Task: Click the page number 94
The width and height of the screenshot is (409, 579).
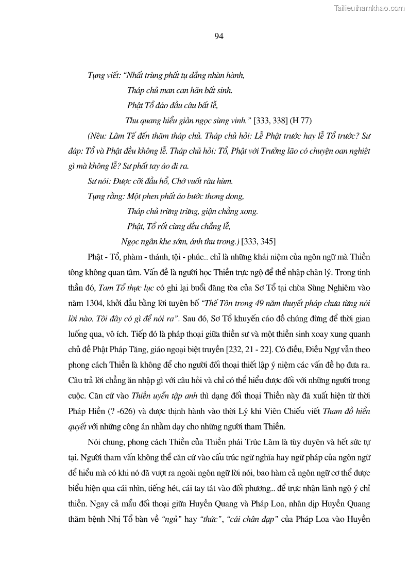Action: pyautogui.click(x=217, y=36)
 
